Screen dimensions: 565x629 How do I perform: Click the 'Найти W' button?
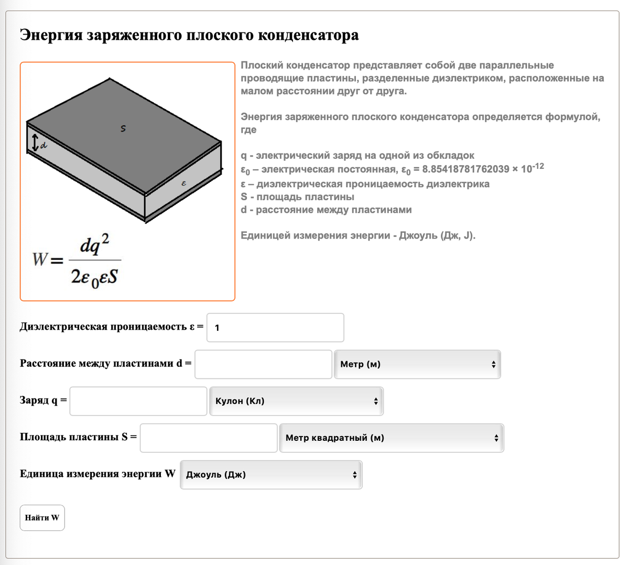[x=42, y=518]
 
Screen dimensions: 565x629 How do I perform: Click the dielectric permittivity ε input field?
[x=275, y=328]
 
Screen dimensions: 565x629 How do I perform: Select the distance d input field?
[x=263, y=364]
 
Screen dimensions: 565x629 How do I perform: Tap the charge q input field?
[x=138, y=401]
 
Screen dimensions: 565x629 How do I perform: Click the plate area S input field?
[x=209, y=438]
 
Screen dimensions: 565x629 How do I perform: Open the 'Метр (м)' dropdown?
[x=417, y=364]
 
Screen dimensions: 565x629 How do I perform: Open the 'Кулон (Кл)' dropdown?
[x=296, y=401]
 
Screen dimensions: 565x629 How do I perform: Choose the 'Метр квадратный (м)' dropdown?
[x=391, y=438]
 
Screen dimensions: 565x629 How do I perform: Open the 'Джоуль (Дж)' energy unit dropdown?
[x=271, y=475]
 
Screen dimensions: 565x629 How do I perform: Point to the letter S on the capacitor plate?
[x=123, y=128]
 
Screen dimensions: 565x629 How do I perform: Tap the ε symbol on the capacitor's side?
[x=183, y=183]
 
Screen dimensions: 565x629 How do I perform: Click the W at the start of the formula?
[x=40, y=259]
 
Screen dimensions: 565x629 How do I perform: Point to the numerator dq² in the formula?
[x=95, y=245]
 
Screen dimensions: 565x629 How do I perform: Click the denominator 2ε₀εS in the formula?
[x=94, y=276]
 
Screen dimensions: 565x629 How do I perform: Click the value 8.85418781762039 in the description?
[x=465, y=169]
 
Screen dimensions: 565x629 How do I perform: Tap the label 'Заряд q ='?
[x=44, y=400]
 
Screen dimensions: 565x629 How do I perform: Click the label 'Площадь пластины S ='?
[x=78, y=437]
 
